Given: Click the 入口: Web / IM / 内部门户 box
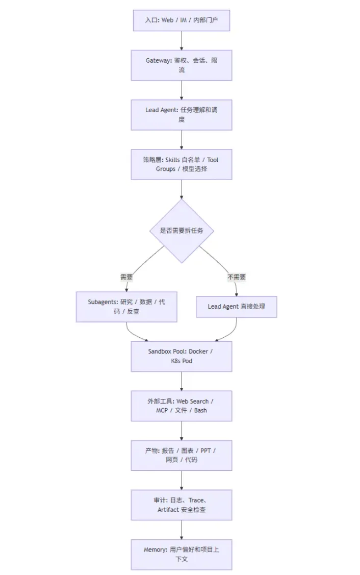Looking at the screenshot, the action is pos(182,20).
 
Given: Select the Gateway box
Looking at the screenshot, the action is pos(182,65).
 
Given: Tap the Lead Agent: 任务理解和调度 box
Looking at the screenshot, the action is pos(182,115).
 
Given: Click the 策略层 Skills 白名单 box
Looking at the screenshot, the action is pos(182,164).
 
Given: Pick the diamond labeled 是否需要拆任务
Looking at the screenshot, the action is pos(182,231).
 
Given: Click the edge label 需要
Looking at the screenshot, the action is pos(126,277).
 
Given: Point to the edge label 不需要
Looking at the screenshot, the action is pos(237,277).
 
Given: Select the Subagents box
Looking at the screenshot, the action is pos(126,307).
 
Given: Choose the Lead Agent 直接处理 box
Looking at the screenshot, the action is pos(237,307).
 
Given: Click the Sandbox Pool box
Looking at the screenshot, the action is pos(182,357).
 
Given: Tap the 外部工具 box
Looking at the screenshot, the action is pos(182,406).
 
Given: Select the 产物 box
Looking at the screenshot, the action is pos(182,456).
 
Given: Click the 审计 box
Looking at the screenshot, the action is pos(182,505).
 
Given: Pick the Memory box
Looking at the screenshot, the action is pos(182,555).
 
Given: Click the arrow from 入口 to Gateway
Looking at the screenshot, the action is pos(182,41).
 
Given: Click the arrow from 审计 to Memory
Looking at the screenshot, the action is pos(182,530).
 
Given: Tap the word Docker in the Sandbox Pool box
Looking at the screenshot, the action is pos(198,352).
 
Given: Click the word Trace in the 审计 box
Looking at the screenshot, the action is pos(196,500).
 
